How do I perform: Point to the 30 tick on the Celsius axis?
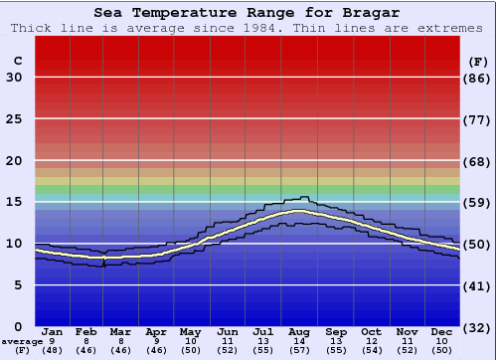[x=13, y=78]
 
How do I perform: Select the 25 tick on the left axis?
[x=13, y=119]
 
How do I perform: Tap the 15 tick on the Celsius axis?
[x=13, y=202]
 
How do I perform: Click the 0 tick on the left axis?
[x=17, y=326]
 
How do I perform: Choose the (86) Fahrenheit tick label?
[x=478, y=78]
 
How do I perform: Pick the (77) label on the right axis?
[x=478, y=119]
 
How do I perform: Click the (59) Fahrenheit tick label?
[x=478, y=202]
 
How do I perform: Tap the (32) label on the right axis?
[x=478, y=327]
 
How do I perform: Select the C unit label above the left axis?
[x=17, y=61]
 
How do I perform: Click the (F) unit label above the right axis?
[x=477, y=61]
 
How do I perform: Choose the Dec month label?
[x=442, y=331]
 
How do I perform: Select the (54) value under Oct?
[x=370, y=351]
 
